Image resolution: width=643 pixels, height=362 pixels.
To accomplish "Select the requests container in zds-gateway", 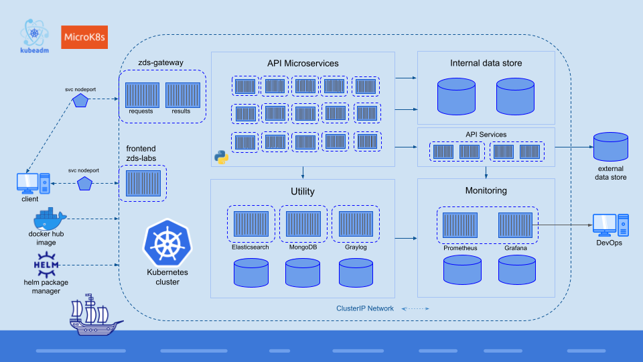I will [142, 95].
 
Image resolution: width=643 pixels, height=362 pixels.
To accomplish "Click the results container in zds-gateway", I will [182, 95].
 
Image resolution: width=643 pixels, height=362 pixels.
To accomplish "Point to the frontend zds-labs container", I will [142, 183].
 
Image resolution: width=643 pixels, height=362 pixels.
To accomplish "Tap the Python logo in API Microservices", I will [221, 158].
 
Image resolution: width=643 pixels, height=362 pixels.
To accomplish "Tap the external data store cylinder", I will [610, 146].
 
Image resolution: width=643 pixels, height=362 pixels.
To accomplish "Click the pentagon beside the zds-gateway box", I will [81, 100].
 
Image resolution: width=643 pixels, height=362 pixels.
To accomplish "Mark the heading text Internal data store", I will [486, 63].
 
